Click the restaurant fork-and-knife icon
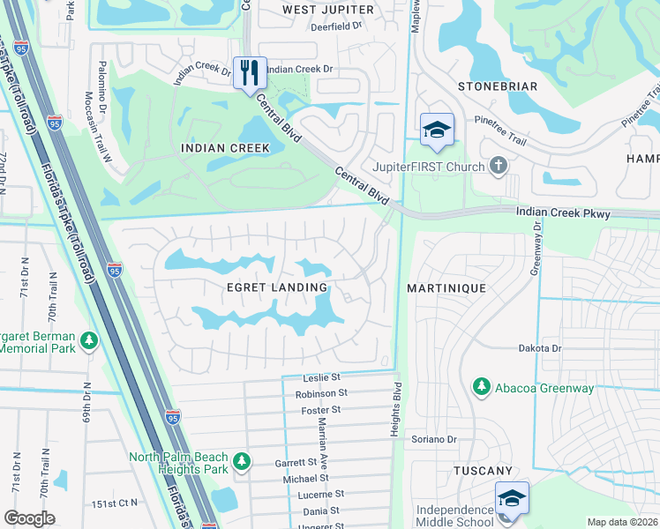(250, 71)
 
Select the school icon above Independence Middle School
(512, 497)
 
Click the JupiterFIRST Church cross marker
(499, 166)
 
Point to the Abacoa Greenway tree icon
(481, 385)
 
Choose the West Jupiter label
(328, 10)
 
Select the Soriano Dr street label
(432, 439)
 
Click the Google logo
(29, 518)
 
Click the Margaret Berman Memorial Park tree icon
(88, 340)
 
